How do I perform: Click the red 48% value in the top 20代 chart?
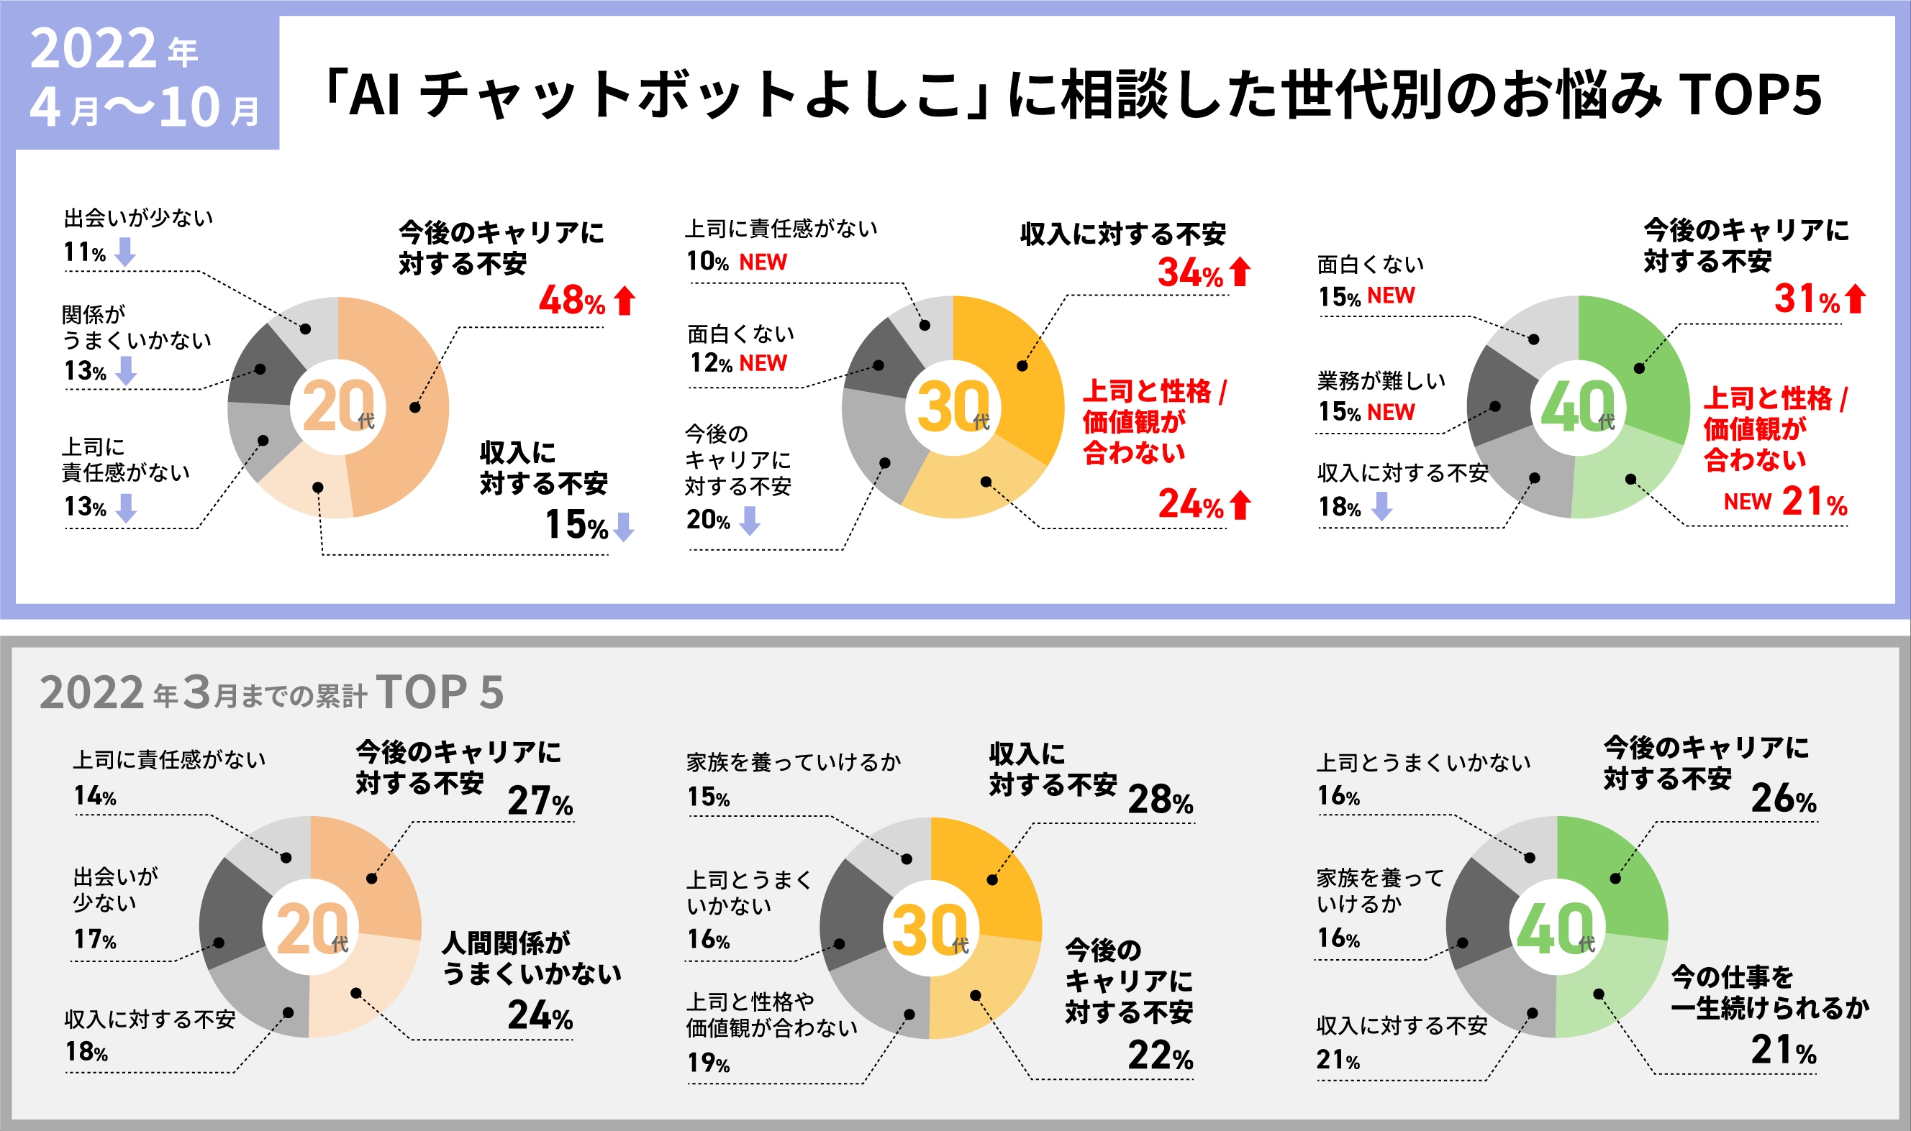tap(572, 301)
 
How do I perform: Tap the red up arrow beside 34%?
tap(1240, 272)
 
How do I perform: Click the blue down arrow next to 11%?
tap(125, 252)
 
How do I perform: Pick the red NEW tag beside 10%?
tap(763, 262)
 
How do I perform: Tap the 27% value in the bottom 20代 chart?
tap(540, 801)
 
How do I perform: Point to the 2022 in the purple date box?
tap(93, 49)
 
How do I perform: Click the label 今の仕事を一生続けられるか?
tap(1769, 992)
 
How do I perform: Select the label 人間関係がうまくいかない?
tap(532, 958)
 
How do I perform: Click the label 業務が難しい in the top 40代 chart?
tap(1381, 380)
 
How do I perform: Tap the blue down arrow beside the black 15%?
tap(624, 526)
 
